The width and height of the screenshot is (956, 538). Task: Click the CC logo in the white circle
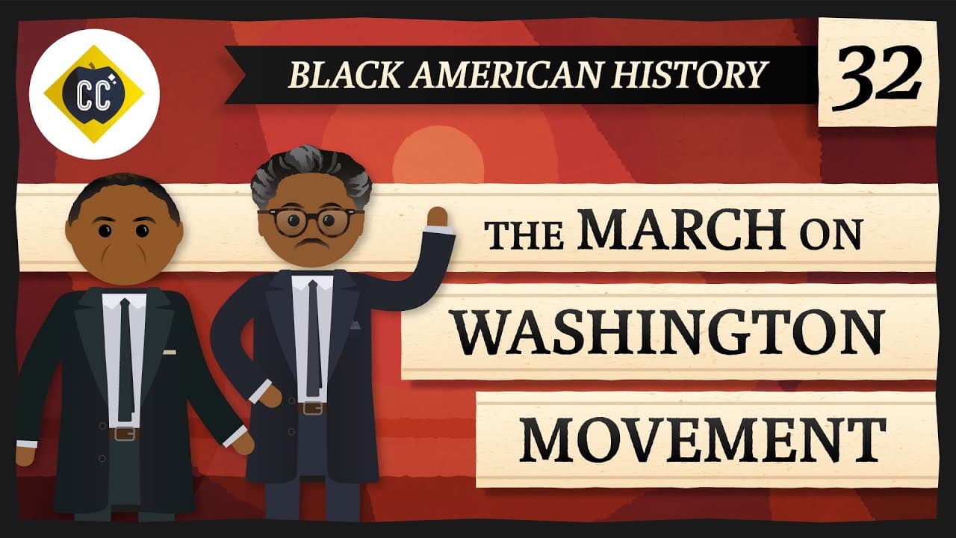(x=93, y=94)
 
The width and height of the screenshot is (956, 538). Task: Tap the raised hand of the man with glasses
(x=437, y=217)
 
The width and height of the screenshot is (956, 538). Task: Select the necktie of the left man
(x=125, y=359)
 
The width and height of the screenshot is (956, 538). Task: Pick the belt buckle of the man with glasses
(x=313, y=409)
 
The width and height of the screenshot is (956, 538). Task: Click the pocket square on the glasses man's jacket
(x=354, y=326)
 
